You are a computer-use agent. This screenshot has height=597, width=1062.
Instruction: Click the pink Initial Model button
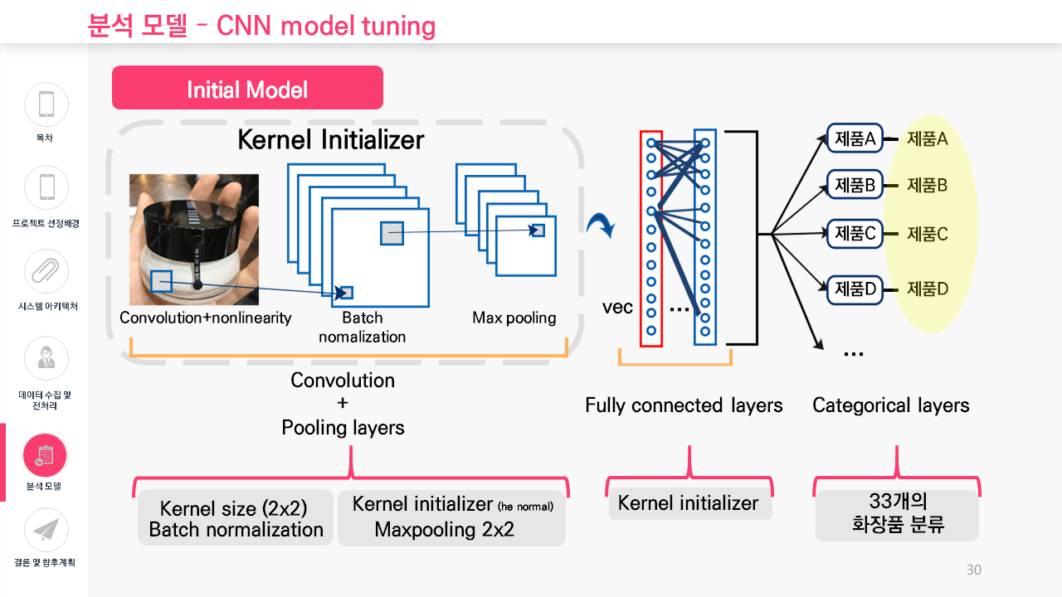click(247, 88)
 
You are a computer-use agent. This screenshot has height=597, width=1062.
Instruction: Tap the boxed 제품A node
click(855, 138)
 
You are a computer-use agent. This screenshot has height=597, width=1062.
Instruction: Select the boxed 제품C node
click(855, 234)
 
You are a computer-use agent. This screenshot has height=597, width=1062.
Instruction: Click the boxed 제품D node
click(855, 289)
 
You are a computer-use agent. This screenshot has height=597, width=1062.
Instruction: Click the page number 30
click(974, 570)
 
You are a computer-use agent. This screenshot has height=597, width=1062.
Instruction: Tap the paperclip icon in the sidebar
click(46, 271)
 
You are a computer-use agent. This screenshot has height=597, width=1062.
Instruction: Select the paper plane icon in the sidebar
click(46, 530)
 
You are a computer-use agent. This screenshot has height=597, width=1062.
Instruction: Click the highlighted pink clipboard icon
click(45, 455)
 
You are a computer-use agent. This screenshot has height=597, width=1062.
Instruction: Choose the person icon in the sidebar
click(46, 358)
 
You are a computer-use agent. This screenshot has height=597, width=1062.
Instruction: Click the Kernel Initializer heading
click(330, 140)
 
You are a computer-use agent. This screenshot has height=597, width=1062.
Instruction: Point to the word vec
click(617, 307)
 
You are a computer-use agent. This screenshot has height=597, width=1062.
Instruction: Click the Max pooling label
click(514, 318)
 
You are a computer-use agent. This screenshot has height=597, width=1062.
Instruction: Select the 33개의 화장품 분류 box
click(897, 515)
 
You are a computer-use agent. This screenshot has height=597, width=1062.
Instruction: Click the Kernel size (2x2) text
click(233, 508)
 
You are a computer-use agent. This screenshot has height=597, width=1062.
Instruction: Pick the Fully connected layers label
click(684, 405)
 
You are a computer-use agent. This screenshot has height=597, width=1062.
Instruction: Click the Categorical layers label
click(891, 405)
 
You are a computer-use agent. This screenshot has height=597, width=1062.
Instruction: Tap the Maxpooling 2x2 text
click(444, 529)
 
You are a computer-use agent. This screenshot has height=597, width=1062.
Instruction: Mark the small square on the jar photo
click(161, 281)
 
